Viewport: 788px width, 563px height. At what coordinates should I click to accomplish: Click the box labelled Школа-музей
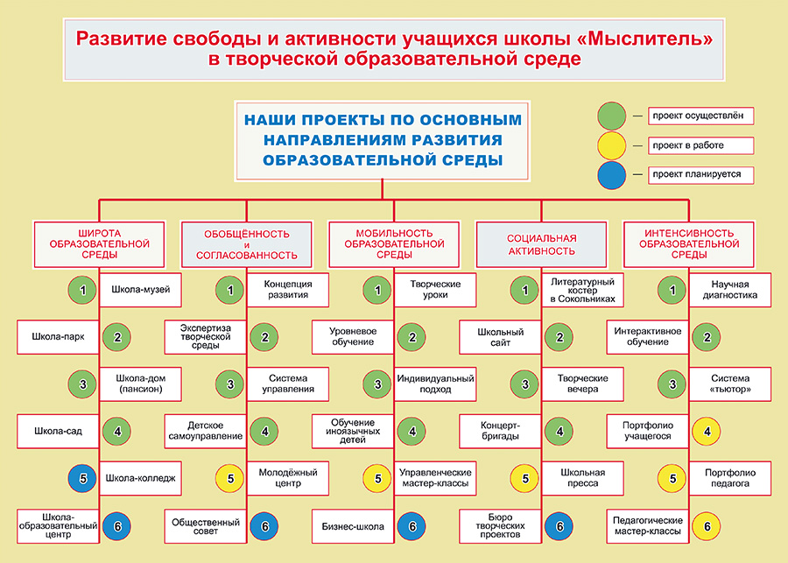(140, 290)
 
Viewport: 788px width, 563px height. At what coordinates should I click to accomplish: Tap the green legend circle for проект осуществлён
(612, 115)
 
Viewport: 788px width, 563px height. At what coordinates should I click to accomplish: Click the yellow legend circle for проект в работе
(612, 145)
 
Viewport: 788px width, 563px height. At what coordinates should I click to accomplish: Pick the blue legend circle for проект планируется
(612, 174)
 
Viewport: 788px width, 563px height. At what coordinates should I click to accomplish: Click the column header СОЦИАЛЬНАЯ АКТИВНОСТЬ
(541, 244)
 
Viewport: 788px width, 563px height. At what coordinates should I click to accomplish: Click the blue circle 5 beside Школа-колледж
(82, 478)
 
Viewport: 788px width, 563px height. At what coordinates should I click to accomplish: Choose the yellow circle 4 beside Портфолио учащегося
(706, 431)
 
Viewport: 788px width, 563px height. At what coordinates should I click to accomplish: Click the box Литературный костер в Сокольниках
(583, 290)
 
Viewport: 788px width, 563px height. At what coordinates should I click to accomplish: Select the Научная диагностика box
(730, 290)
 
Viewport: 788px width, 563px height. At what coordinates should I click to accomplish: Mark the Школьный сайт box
(501, 336)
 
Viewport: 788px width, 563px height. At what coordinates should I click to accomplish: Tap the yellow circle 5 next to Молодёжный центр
(229, 478)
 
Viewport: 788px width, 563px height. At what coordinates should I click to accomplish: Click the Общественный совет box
(206, 525)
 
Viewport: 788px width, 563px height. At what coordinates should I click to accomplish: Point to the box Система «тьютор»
(730, 384)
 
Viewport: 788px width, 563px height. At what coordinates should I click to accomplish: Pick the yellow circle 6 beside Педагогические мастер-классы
(706, 525)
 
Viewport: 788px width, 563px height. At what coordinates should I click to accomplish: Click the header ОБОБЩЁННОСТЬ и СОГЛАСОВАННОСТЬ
(246, 244)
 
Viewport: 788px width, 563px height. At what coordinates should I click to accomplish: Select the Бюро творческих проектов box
(501, 525)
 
